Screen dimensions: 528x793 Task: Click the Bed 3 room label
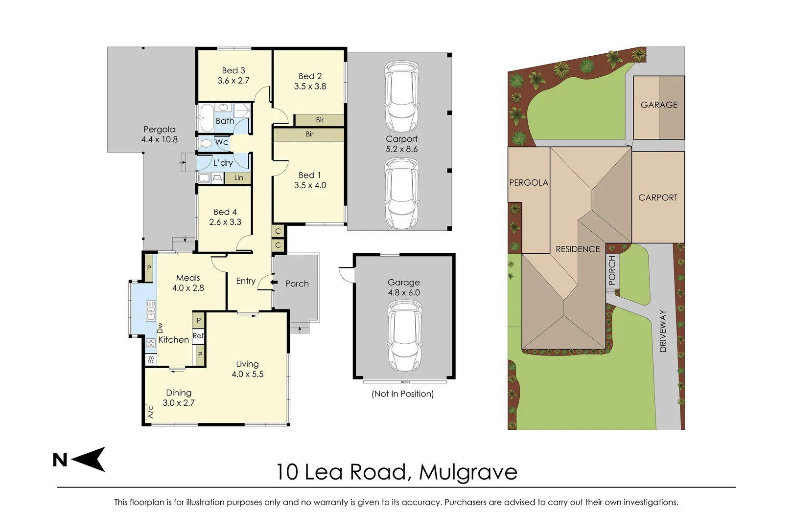point(233,70)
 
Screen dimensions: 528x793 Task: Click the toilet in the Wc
point(206,143)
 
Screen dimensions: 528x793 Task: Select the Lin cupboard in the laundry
point(238,177)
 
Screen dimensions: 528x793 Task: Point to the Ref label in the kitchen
point(198,335)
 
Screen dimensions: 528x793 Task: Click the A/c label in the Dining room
point(150,412)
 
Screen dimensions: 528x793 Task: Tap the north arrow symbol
point(89,459)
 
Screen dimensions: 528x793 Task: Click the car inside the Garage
point(404,336)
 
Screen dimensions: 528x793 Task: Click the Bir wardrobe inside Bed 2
point(319,120)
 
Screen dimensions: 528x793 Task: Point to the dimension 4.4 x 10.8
point(160,139)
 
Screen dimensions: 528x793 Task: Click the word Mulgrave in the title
point(468,472)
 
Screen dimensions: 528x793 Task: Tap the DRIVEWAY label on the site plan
point(663,330)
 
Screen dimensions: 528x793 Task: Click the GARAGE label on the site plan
point(659,105)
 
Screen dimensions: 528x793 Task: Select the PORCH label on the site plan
point(612,270)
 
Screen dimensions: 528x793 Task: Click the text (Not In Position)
point(402,394)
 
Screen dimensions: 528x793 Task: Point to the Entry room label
point(246,281)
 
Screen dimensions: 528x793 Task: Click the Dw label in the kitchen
point(160,328)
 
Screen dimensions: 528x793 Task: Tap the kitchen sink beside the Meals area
point(151,311)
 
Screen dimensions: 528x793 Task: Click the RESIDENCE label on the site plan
point(578,249)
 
